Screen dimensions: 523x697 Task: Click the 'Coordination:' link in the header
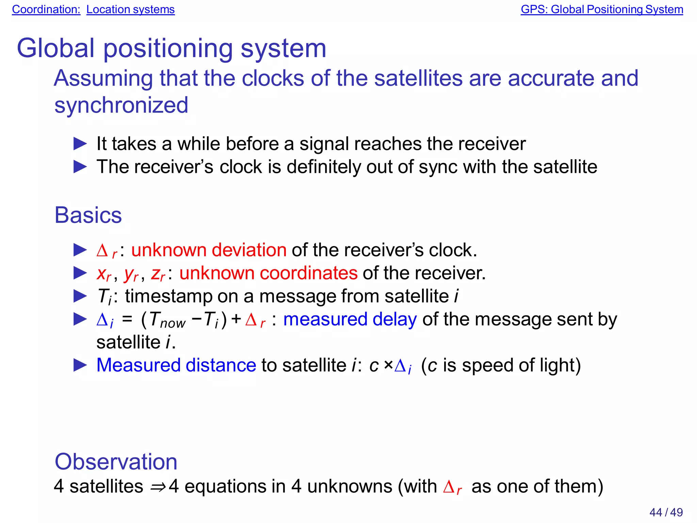[46, 9]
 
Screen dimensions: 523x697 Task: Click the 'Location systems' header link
[130, 9]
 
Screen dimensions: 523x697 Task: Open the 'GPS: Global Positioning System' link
[602, 9]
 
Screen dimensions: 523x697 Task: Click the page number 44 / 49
[666, 512]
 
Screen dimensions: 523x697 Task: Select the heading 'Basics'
[88, 215]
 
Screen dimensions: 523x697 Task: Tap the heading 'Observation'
[116, 462]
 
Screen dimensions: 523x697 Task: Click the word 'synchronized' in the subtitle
[121, 105]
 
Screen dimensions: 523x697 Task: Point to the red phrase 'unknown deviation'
[209, 250]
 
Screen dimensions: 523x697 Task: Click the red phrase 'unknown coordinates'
[268, 273]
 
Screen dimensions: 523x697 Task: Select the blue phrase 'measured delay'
[350, 320]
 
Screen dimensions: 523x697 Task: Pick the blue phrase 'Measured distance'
[176, 365]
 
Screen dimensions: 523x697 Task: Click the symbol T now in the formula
[167, 320]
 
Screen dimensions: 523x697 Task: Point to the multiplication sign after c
[388, 365]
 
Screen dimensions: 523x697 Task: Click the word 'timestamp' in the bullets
[168, 296]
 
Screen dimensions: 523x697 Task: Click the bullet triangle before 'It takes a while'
[80, 144]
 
